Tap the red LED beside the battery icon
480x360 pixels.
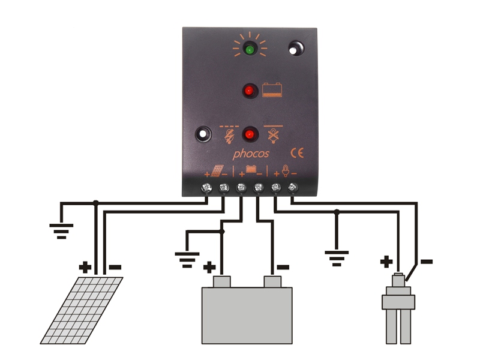[x=249, y=91]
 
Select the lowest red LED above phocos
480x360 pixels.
[x=248, y=133]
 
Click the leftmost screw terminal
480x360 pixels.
[x=208, y=188]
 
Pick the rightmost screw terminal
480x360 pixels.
[x=293, y=188]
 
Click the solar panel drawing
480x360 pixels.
[x=82, y=310]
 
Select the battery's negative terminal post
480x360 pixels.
[x=273, y=281]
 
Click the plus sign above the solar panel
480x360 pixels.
[x=85, y=266]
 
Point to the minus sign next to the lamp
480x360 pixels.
[x=427, y=262]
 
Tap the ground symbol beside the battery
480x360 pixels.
[x=187, y=258]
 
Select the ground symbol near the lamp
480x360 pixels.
[x=337, y=258]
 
